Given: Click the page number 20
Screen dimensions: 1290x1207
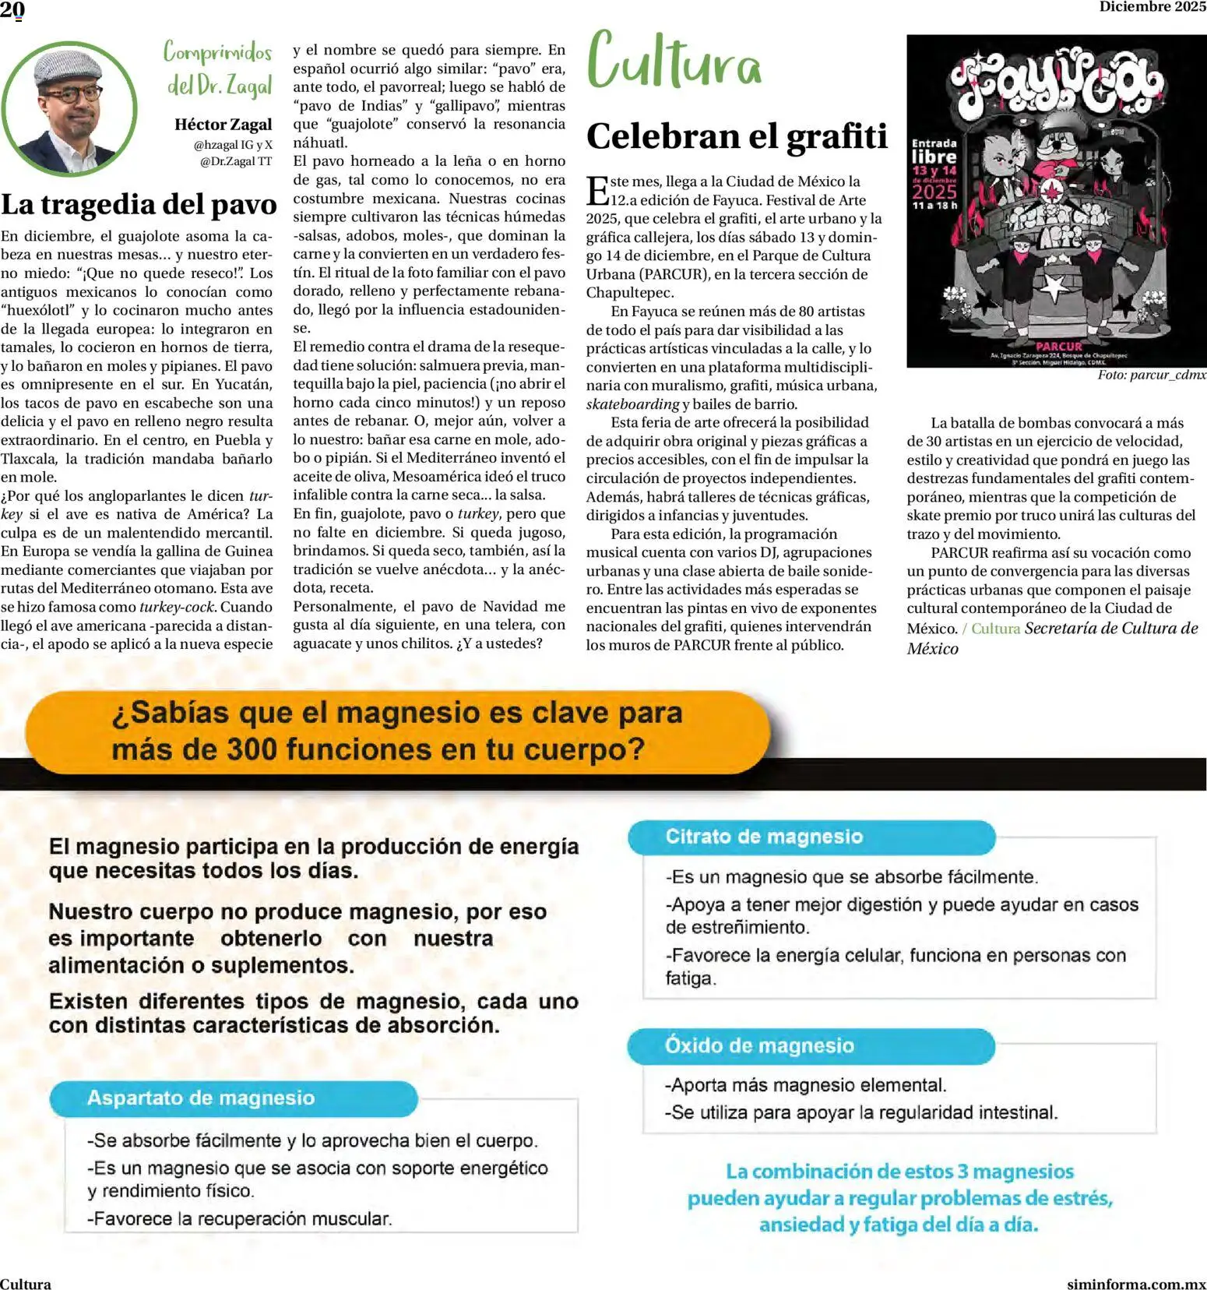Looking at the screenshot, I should [x=12, y=10].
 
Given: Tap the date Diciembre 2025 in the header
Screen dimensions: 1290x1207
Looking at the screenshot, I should [x=1152, y=7].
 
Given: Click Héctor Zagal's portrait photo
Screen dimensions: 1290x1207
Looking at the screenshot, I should [x=69, y=107].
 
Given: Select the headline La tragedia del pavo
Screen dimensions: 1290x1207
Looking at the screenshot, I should [x=139, y=204].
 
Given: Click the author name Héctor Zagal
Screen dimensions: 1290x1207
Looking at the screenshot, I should [x=223, y=125].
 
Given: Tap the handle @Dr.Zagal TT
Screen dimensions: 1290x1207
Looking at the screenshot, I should [x=236, y=161].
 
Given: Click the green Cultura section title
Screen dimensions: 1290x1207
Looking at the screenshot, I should [x=674, y=61].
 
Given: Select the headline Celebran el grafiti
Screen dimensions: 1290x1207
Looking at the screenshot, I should [x=736, y=136].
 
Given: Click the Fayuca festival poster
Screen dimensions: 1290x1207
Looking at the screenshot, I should [x=1056, y=201].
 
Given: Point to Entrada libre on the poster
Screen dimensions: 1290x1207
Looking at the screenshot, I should [x=934, y=150].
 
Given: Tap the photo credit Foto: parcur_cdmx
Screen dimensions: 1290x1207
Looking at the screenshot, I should [x=1151, y=375].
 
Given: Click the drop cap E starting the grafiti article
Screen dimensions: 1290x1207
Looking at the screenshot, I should [x=597, y=191].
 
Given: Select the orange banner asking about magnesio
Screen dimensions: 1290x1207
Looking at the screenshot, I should [x=397, y=731].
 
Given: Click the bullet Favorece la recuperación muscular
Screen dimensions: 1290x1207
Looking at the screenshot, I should [x=240, y=1218].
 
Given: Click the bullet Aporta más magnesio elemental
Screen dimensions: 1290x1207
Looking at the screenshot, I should [x=806, y=1084].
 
